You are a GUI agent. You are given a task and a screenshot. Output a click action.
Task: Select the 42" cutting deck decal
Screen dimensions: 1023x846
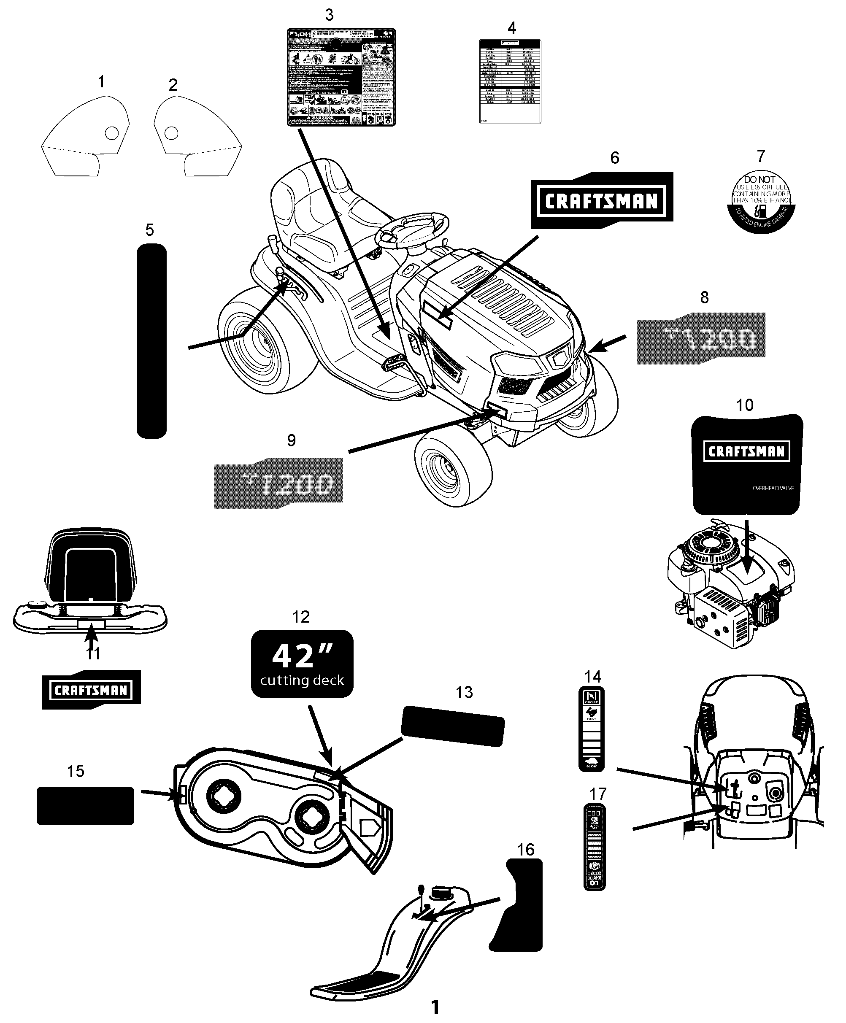click(x=302, y=663)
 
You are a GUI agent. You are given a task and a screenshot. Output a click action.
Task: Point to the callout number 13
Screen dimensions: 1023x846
click(x=464, y=692)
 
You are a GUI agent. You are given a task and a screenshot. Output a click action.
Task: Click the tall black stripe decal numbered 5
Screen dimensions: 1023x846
click(x=151, y=341)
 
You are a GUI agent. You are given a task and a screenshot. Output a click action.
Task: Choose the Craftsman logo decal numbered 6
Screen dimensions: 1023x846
click(x=602, y=200)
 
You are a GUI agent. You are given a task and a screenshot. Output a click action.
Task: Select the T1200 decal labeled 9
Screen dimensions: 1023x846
click(x=278, y=483)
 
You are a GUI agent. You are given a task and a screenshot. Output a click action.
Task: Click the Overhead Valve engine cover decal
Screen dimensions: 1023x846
click(x=746, y=464)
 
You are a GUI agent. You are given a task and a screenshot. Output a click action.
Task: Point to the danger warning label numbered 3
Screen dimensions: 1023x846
click(x=341, y=77)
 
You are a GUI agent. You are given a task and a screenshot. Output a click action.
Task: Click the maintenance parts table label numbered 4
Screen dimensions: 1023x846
click(x=510, y=81)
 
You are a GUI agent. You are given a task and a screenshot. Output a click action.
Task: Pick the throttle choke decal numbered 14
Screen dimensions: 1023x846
click(x=592, y=729)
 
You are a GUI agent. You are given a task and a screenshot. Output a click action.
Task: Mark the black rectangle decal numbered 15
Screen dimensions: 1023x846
click(x=85, y=806)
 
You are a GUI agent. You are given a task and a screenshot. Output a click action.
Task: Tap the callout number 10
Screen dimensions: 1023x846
click(x=745, y=405)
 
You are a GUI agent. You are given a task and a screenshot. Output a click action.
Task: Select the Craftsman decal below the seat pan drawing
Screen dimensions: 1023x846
click(x=92, y=690)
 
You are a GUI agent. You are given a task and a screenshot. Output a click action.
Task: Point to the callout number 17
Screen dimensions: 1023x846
click(x=598, y=794)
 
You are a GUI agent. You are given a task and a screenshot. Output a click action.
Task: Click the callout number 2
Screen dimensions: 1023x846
click(x=173, y=85)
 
